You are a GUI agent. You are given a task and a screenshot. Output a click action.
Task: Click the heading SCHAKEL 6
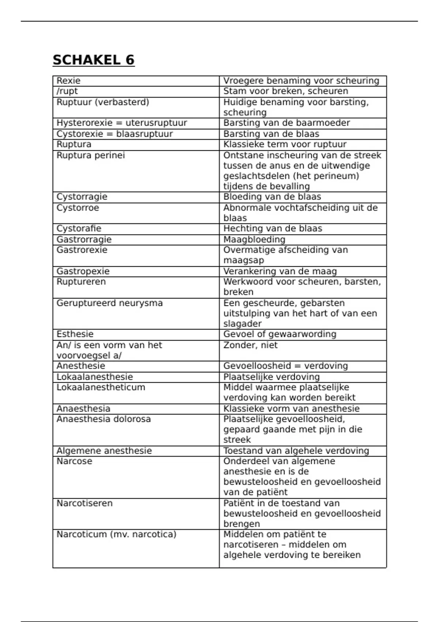(x=94, y=60)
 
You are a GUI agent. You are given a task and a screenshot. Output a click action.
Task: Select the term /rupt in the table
(x=67, y=91)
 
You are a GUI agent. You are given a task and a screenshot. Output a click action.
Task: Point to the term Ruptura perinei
(x=91, y=155)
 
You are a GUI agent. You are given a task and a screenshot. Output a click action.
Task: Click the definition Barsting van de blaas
(x=271, y=134)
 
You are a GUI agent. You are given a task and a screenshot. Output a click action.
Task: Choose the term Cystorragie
(x=82, y=197)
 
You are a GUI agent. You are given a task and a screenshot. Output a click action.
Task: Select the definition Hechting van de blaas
(x=273, y=229)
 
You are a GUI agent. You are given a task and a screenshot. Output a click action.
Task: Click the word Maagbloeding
(x=254, y=240)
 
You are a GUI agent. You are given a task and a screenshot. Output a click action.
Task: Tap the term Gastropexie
(x=83, y=271)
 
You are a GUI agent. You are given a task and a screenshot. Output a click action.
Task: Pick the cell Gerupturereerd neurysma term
(x=109, y=303)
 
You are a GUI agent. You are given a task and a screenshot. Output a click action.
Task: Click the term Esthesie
(x=75, y=334)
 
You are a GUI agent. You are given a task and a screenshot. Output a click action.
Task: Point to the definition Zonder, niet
(x=250, y=345)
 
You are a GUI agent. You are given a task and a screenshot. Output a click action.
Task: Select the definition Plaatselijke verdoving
(x=271, y=377)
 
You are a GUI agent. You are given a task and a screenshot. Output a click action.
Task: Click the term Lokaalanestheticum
(x=101, y=387)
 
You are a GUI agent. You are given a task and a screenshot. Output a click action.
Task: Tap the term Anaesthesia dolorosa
(x=104, y=419)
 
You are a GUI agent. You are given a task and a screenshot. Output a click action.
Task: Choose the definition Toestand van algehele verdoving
(x=296, y=451)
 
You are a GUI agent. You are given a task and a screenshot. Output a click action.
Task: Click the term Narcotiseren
(x=85, y=503)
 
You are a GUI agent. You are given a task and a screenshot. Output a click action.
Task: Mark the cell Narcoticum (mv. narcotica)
(x=116, y=535)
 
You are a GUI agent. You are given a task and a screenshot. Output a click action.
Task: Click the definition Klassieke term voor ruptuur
(x=285, y=145)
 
